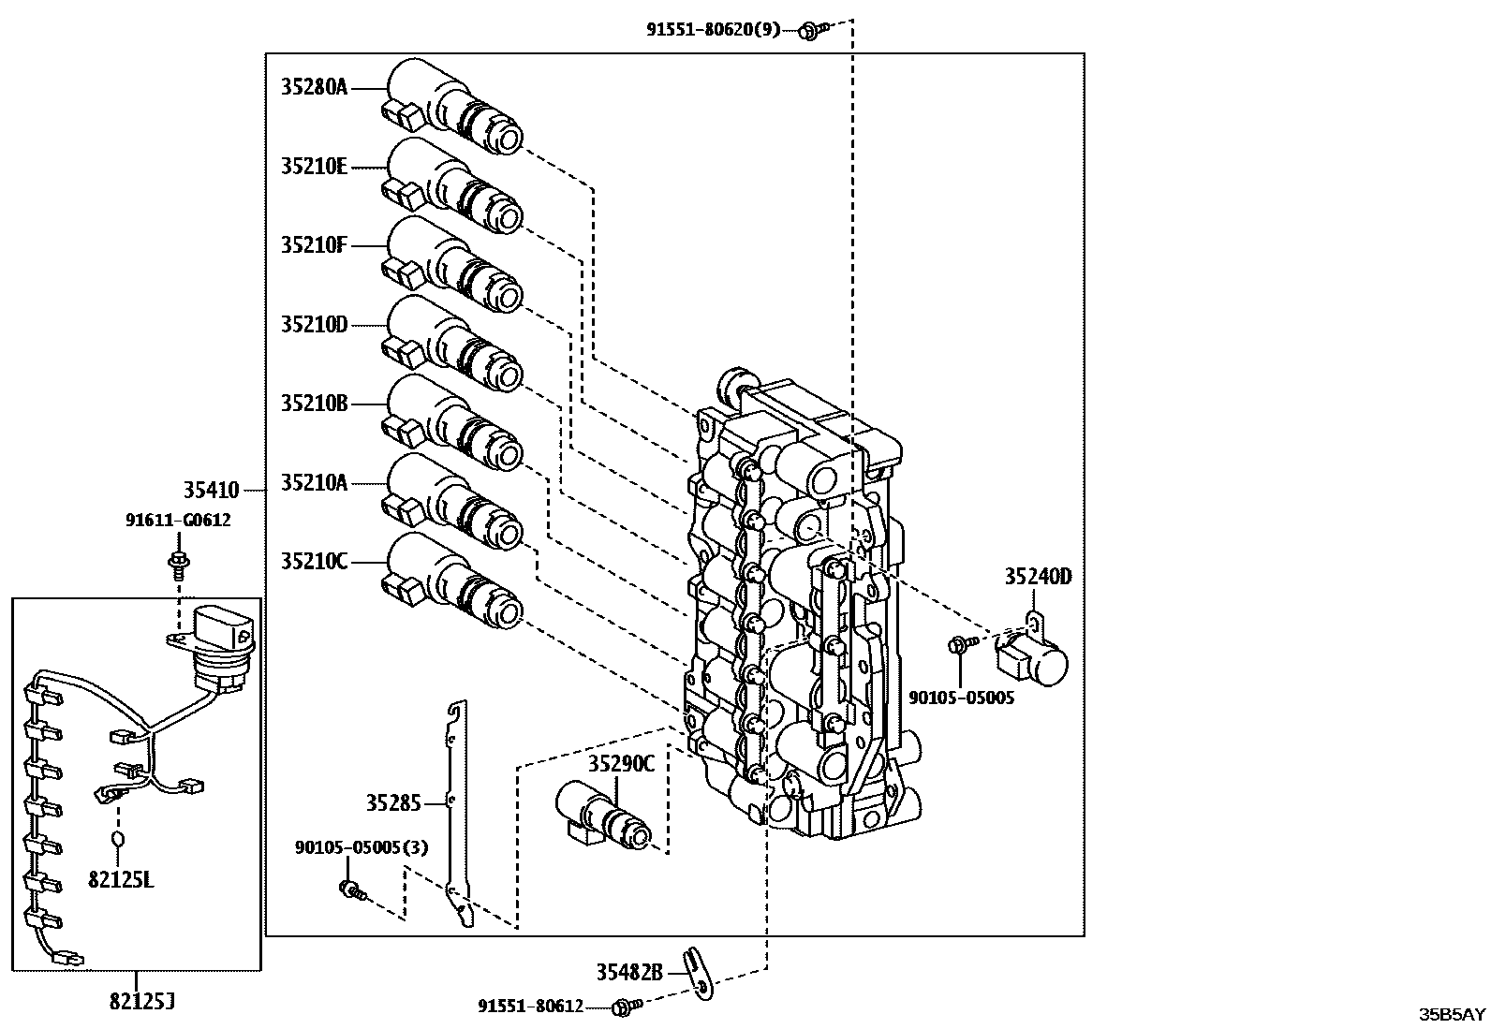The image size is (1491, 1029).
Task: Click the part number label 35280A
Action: tap(314, 87)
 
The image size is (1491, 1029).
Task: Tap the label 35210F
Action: tap(314, 245)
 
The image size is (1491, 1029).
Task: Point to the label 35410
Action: tap(211, 490)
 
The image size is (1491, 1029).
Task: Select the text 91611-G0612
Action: tap(178, 520)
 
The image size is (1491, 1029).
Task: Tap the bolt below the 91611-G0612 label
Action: tap(176, 563)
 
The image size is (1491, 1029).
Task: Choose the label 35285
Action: tap(393, 802)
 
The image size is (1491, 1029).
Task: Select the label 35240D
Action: tap(1038, 576)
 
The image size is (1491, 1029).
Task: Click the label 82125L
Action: tap(121, 879)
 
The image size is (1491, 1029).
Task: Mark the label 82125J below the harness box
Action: tap(142, 1002)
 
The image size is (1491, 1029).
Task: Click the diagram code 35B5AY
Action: tap(1451, 1014)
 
